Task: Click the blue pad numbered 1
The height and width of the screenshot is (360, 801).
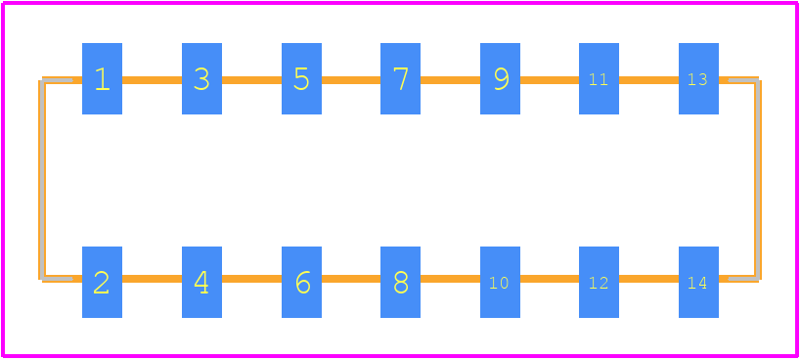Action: (102, 78)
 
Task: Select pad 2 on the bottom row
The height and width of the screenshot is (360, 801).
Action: (102, 282)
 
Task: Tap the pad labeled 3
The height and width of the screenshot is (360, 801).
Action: (201, 78)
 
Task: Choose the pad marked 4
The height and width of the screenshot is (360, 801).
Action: (201, 282)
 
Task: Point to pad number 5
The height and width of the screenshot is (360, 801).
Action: (301, 78)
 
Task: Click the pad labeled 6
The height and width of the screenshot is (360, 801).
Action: (301, 282)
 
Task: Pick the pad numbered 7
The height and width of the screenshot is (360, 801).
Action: (401, 78)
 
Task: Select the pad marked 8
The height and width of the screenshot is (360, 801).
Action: (401, 282)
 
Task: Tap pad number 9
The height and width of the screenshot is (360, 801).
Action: (500, 78)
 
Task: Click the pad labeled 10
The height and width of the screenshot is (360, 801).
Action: (500, 282)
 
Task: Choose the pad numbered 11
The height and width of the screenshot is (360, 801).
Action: (599, 78)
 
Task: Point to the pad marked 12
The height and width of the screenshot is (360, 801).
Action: (599, 282)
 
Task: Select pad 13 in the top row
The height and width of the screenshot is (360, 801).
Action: (698, 78)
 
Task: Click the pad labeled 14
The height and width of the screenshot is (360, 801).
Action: (698, 282)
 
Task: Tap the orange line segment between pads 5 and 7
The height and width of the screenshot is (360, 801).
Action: (351, 80)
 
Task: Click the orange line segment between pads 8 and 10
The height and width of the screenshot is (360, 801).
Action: (450, 279)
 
